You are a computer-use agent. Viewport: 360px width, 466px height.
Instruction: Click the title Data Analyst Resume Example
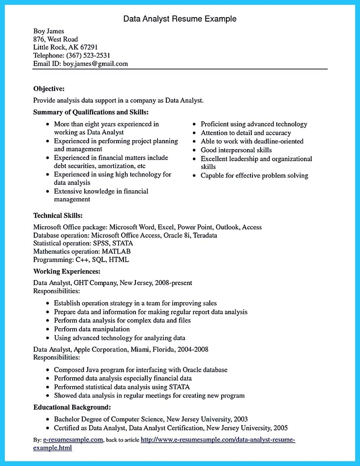pyautogui.click(x=180, y=19)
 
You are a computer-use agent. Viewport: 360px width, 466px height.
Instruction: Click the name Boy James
pyautogui.click(x=49, y=31)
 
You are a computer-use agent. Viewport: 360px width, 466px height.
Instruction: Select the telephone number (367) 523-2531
pyautogui.click(x=88, y=56)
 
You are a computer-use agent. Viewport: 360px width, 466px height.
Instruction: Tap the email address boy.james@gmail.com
pyautogui.click(x=96, y=64)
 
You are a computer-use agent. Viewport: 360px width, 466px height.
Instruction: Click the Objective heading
pyautogui.click(x=49, y=89)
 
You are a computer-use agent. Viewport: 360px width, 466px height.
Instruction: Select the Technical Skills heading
pyautogui.click(x=58, y=215)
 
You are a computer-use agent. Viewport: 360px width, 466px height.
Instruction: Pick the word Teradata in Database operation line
pyautogui.click(x=205, y=235)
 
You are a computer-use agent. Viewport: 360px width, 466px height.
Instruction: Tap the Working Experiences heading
pyautogui.click(x=67, y=271)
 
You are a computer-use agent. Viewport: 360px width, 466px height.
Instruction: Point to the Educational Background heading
pyautogui.click(x=72, y=407)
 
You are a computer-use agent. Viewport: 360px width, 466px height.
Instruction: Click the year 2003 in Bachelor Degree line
pyautogui.click(x=240, y=419)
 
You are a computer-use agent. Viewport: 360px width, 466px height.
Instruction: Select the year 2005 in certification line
pyautogui.click(x=280, y=428)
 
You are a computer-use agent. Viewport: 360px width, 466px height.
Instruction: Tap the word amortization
pyautogui.click(x=112, y=166)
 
